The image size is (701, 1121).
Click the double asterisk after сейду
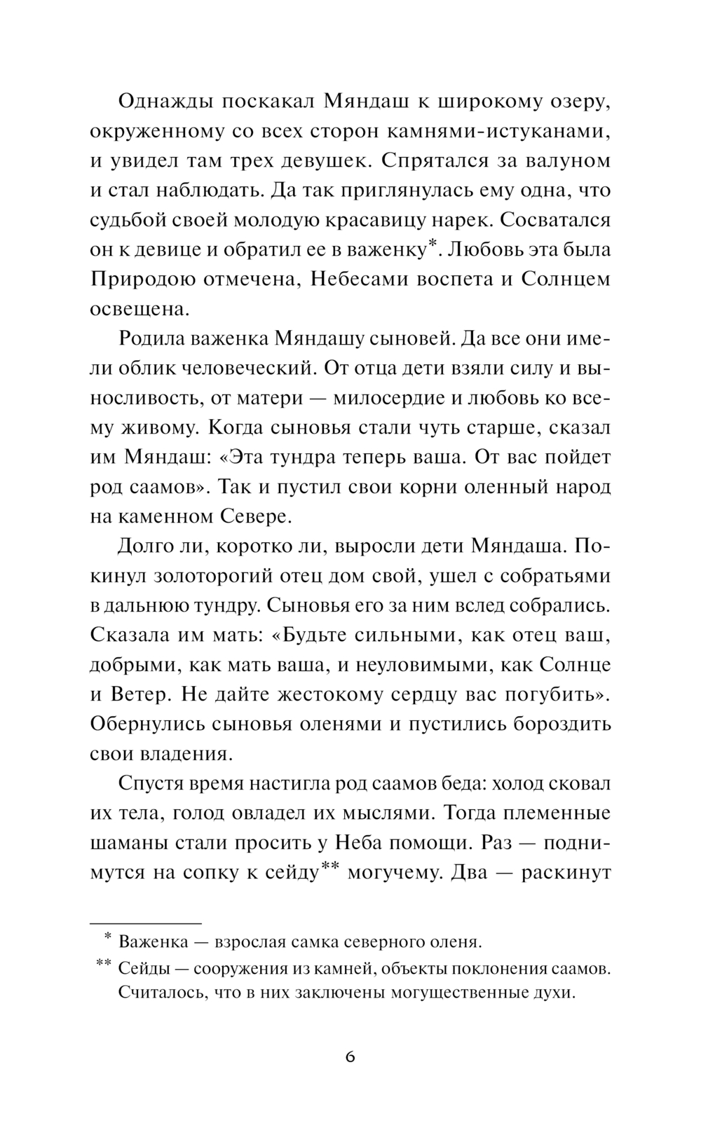(330, 867)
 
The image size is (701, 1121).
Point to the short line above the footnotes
(146, 923)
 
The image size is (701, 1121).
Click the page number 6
(350, 1058)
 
